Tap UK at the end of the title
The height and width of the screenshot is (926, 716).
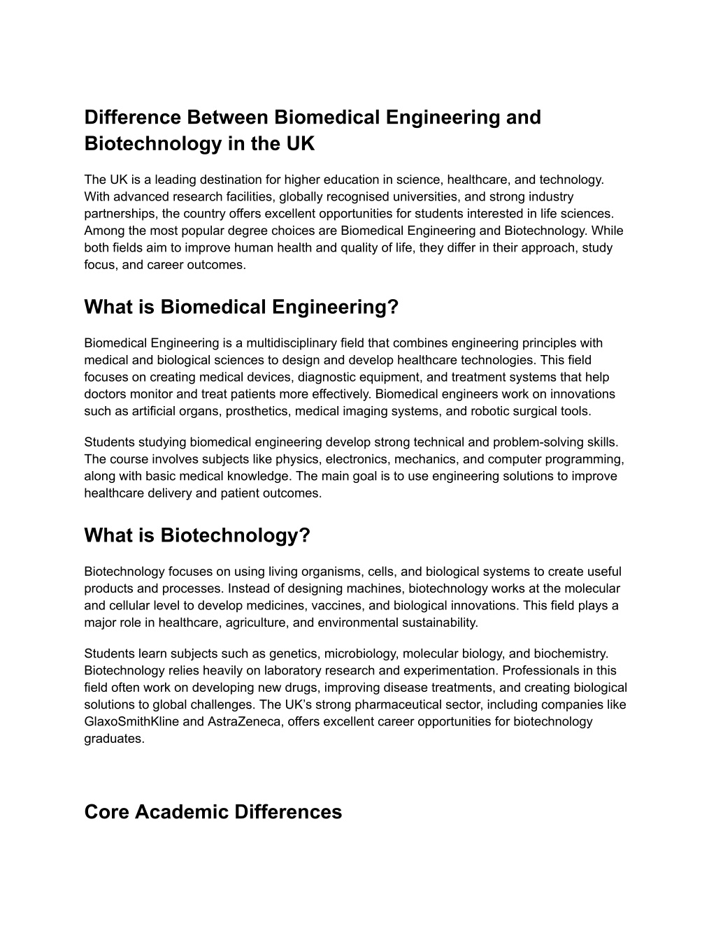click(297, 144)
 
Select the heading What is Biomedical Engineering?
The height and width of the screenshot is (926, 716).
click(241, 307)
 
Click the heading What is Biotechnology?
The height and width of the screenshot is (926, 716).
click(196, 535)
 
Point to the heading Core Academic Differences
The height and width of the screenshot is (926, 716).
click(213, 812)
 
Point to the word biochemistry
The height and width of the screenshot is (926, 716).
click(570, 653)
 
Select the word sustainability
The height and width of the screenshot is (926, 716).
click(431, 622)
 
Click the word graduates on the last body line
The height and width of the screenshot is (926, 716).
click(113, 739)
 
